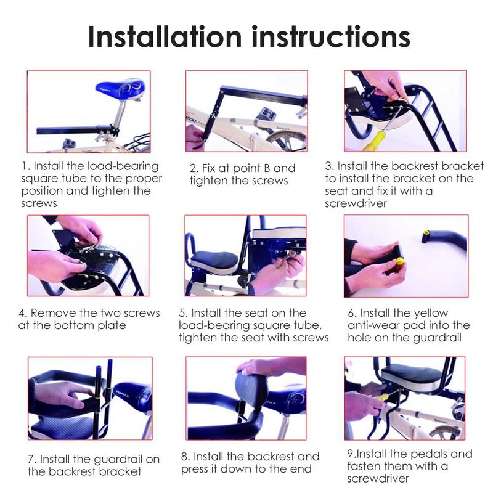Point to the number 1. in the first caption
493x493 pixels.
pyautogui.click(x=26, y=166)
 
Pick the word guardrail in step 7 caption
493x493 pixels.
pyautogui.click(x=108, y=459)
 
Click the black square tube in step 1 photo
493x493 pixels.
pyautogui.click(x=68, y=131)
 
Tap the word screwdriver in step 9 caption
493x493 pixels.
pyautogui.click(x=378, y=478)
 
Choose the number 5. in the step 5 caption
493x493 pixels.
pyautogui.click(x=183, y=313)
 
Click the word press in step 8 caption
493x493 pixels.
pyautogui.click(x=197, y=469)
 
